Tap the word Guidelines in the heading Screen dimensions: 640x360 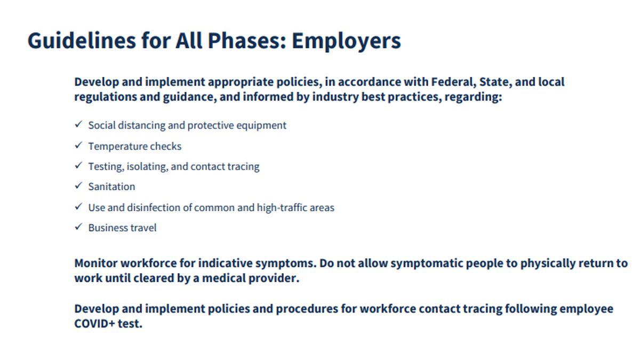tap(82, 41)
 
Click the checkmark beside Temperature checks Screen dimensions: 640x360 tap(78, 146)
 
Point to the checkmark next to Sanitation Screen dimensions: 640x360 tap(78, 186)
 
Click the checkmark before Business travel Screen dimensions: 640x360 tap(78, 227)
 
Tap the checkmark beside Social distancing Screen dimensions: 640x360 tap(78, 124)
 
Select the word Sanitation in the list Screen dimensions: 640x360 tap(111, 187)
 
